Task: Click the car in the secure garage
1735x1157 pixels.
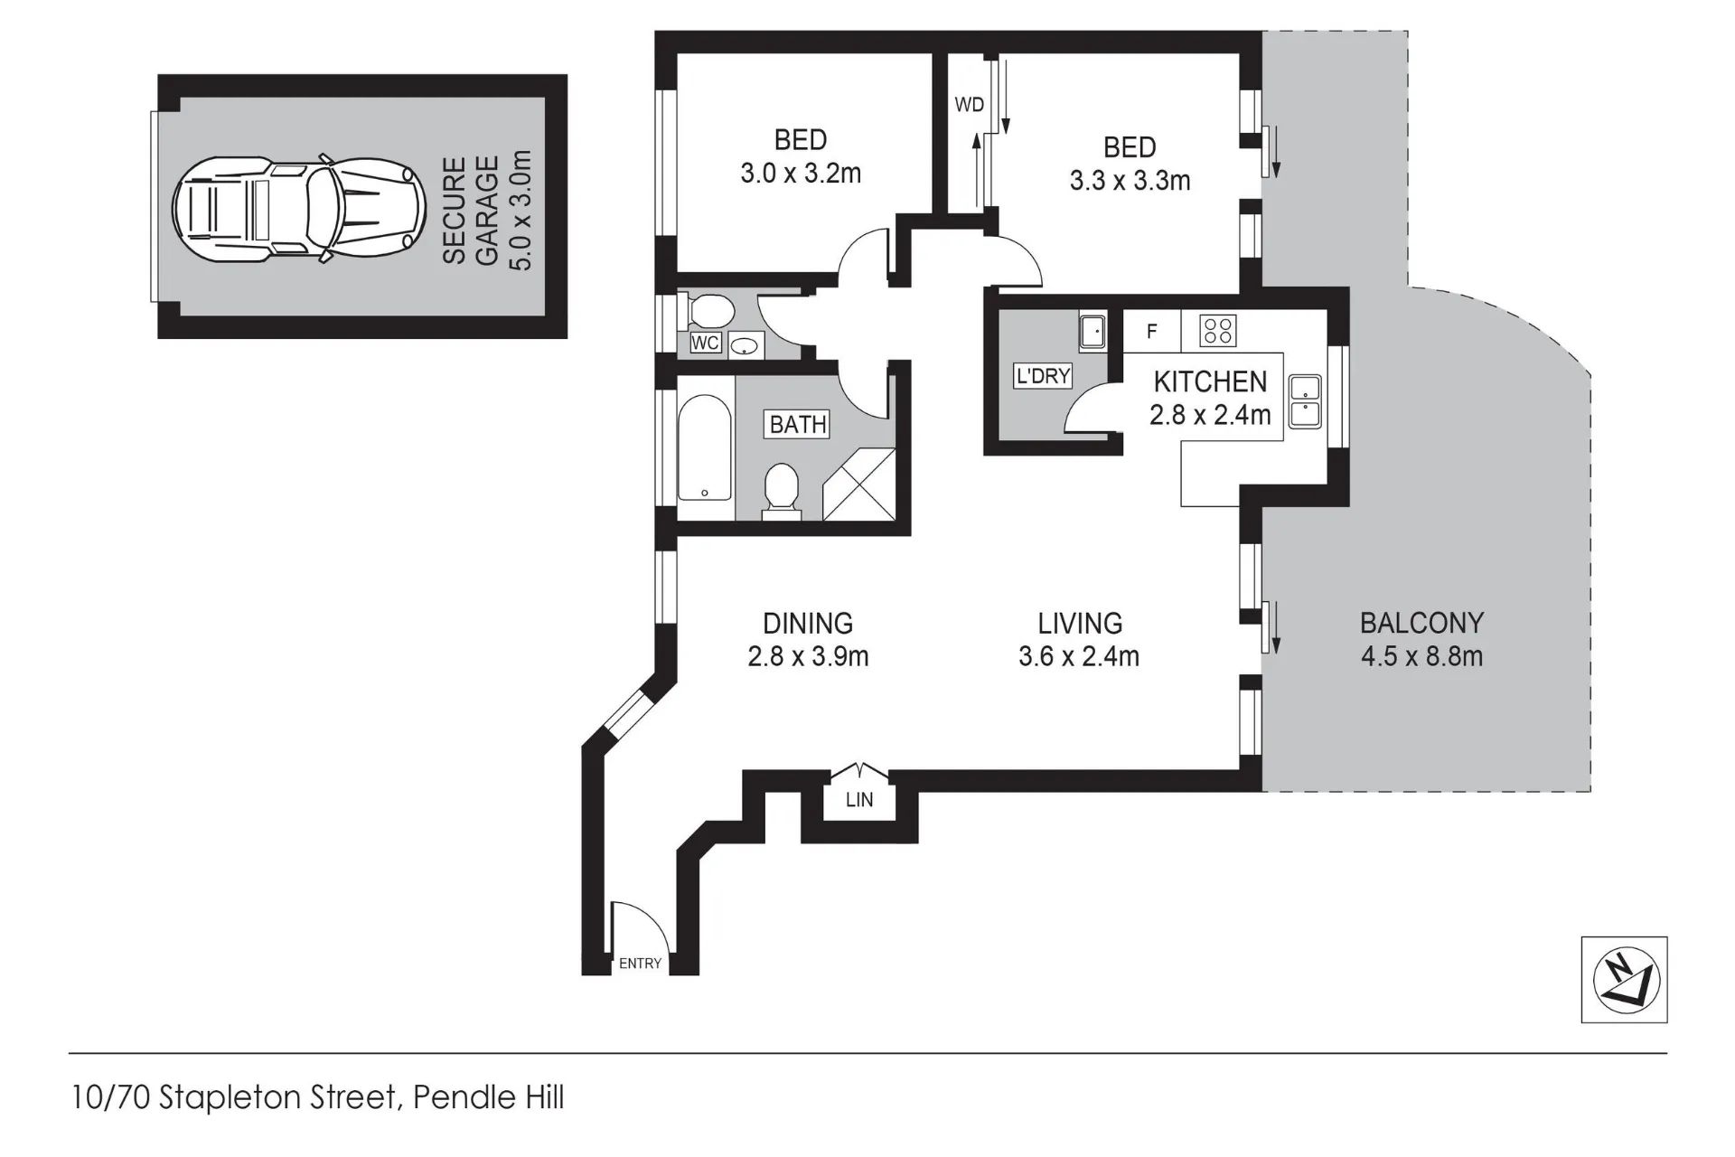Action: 299,207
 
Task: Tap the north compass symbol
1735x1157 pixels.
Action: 1624,980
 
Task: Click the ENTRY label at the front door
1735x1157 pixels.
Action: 640,964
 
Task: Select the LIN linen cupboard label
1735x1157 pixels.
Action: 859,800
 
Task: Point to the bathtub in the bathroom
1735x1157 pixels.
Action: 705,447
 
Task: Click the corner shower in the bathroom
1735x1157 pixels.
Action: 859,484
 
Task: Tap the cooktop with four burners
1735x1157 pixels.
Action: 1218,331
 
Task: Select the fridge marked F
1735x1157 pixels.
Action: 1151,332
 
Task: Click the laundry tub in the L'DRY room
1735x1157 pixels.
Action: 1093,332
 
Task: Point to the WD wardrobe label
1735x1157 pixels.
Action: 969,105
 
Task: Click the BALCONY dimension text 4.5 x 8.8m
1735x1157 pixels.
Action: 1421,656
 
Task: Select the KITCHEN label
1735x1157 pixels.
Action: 1210,382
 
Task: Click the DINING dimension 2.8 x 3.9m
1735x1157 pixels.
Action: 808,656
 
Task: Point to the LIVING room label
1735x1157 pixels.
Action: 1080,623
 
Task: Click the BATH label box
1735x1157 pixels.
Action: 798,424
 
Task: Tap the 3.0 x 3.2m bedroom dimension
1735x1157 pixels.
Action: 801,173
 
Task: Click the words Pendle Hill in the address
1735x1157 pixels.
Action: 488,1098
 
